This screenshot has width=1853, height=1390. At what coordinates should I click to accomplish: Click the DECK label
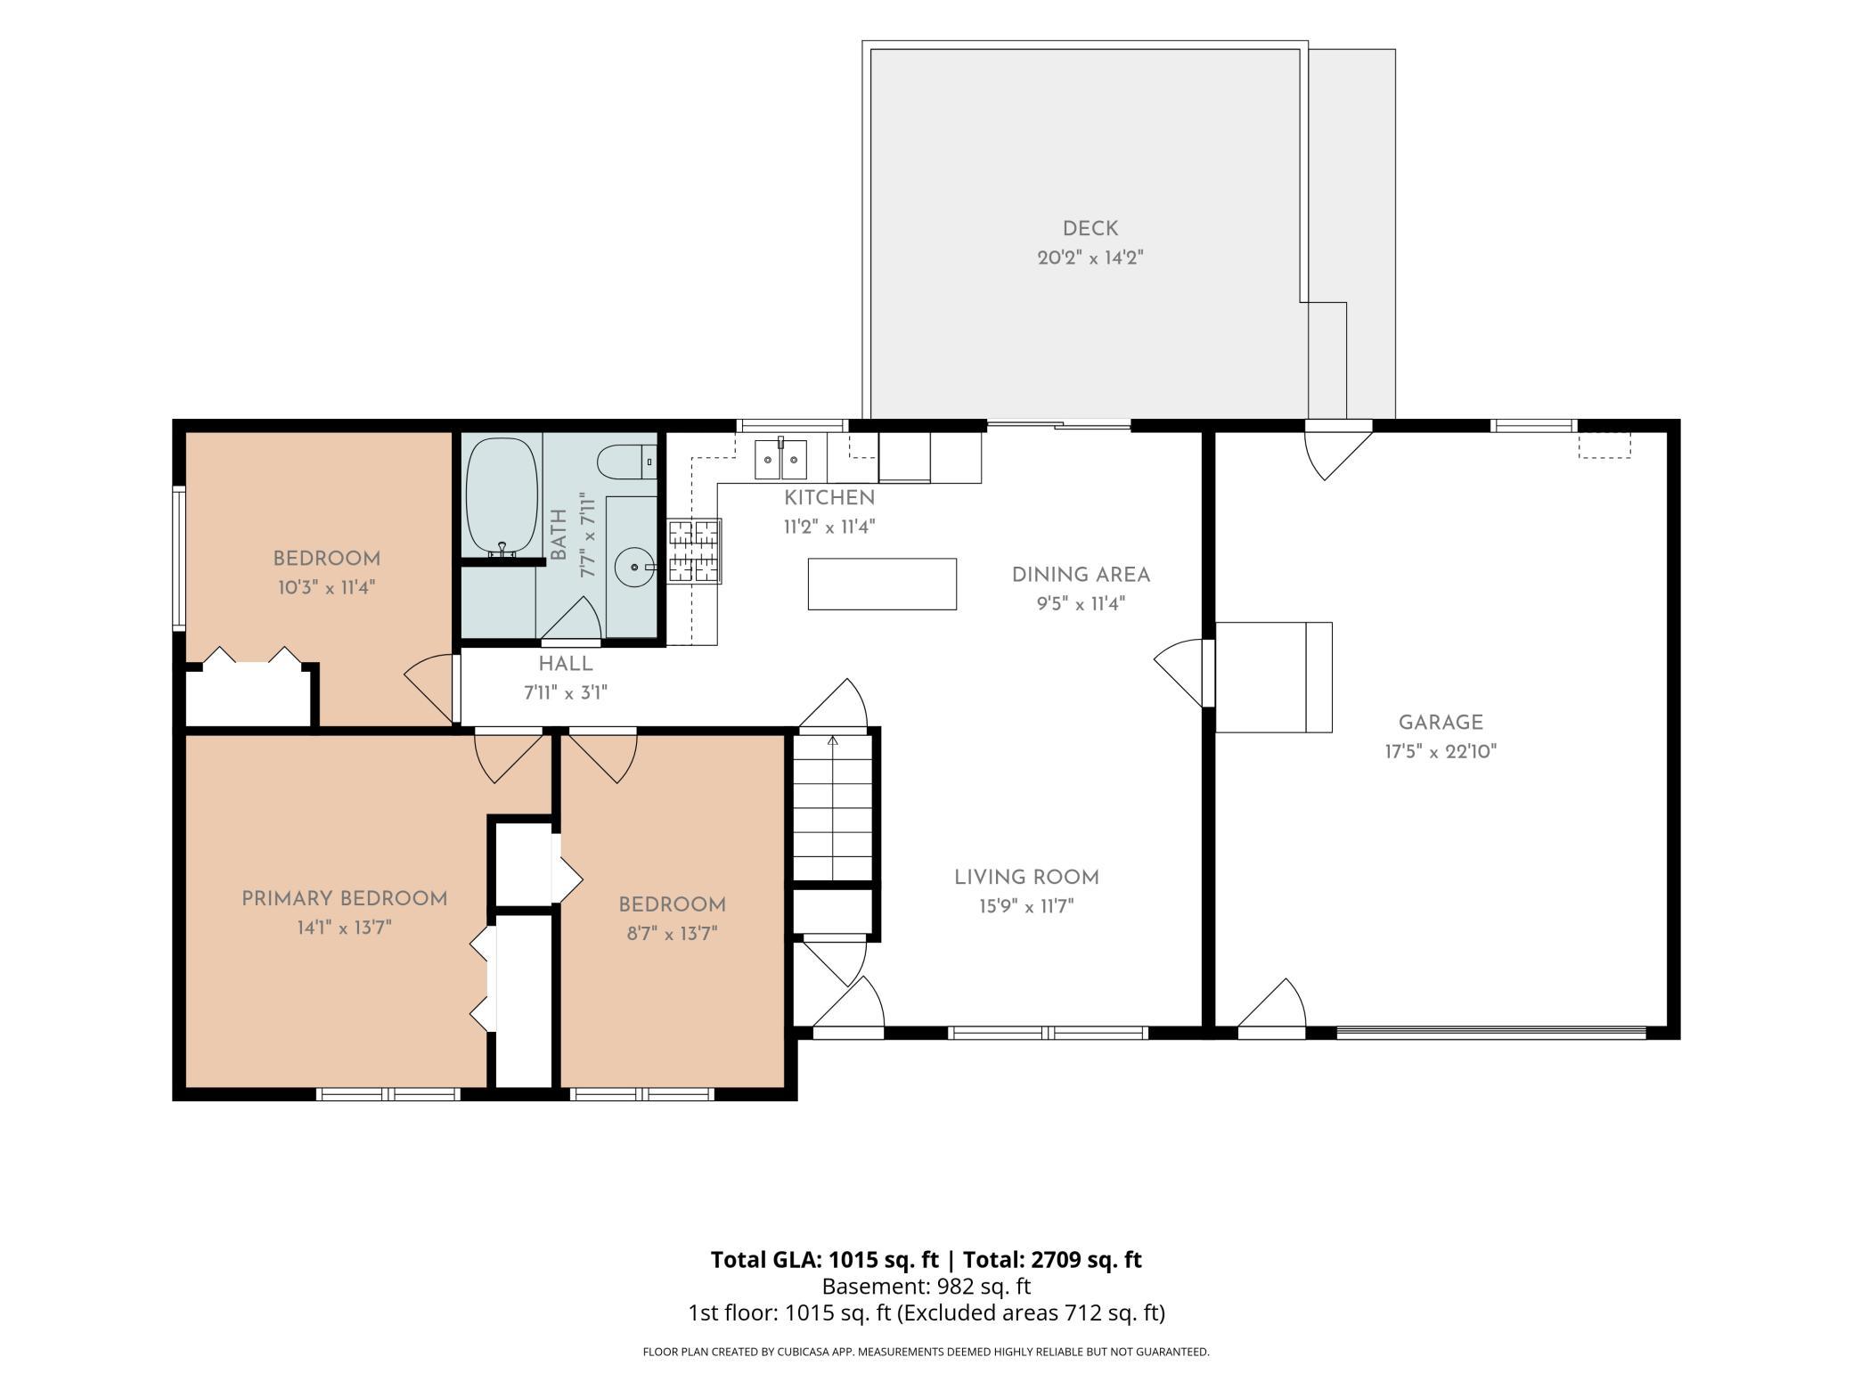point(1090,229)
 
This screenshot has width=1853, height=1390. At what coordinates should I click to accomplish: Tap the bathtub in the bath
point(502,495)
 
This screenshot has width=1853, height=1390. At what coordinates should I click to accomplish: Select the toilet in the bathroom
point(626,462)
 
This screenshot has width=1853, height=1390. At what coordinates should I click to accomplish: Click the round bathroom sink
point(634,567)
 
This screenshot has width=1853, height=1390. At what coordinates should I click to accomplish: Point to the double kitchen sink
point(780,460)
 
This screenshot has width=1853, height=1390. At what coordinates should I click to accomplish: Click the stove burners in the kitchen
point(693,552)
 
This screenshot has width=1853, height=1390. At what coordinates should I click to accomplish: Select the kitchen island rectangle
point(882,585)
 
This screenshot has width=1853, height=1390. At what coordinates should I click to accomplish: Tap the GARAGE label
point(1441,723)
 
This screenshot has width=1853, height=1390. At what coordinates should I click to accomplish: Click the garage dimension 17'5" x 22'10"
point(1441,752)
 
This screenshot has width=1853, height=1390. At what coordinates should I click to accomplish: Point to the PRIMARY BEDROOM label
point(345,898)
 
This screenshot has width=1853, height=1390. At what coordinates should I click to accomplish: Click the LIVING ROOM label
point(1026,878)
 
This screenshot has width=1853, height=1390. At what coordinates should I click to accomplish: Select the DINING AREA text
point(1081,575)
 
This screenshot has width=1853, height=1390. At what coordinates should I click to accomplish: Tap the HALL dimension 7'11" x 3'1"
point(566,693)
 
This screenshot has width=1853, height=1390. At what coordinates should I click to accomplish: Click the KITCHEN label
point(829,498)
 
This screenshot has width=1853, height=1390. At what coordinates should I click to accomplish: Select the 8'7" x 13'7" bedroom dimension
point(672,934)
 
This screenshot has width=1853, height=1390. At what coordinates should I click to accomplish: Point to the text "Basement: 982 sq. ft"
point(926,1287)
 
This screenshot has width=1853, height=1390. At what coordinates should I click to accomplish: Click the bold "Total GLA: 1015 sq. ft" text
point(824,1260)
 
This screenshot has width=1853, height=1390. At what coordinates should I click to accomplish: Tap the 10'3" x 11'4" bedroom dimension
point(326,588)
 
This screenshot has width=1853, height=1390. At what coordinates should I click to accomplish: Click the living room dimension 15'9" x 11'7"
point(1026,907)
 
